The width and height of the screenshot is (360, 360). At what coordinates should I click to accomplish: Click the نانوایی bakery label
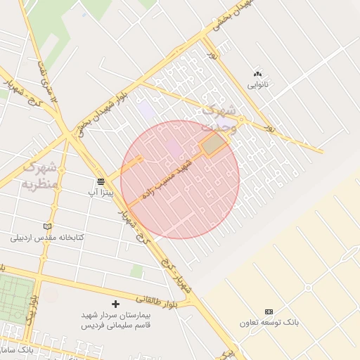tap(257, 85)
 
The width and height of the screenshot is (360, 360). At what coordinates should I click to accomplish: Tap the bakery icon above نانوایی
tap(257, 73)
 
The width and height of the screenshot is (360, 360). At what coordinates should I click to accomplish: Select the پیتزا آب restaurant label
tap(101, 191)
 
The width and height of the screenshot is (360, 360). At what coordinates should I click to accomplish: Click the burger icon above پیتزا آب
tap(101, 181)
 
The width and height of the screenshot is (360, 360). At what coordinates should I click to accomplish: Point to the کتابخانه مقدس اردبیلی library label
tap(47, 238)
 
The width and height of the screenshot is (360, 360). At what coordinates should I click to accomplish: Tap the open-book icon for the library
tap(47, 226)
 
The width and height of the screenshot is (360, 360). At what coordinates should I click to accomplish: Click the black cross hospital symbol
tap(116, 304)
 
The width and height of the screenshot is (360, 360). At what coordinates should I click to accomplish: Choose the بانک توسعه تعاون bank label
tap(269, 323)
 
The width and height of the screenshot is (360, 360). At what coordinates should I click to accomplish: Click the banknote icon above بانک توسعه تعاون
tap(269, 311)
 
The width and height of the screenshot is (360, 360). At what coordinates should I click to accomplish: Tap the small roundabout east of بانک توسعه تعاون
tap(307, 288)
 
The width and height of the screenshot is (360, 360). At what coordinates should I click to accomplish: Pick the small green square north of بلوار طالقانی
tap(136, 271)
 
